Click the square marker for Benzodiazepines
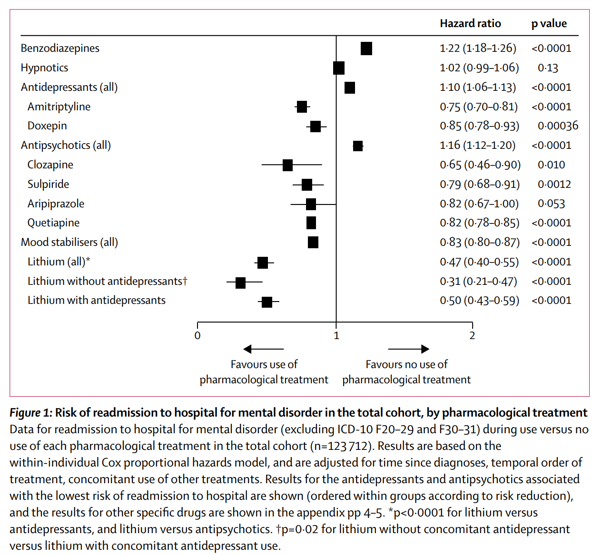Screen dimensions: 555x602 pos(366,49)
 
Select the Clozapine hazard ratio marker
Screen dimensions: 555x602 pos(287,165)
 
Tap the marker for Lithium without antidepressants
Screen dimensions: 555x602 pos(240,282)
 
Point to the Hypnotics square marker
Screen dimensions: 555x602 pos(339,68)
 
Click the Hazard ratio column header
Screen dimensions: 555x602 pos(470,24)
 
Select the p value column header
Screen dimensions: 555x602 pos(549,24)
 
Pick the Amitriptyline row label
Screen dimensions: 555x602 pos(59,107)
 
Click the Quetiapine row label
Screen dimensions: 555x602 pos(53,223)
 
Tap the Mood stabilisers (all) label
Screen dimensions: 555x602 pos(69,242)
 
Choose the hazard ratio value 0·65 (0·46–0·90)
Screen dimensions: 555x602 pos(480,165)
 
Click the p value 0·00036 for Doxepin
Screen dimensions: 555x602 pos(558,126)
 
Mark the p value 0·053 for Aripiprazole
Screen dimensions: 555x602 pos(551,204)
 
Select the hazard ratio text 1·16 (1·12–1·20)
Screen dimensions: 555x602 pos(477,146)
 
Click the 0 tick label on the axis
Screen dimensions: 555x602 pos(197,336)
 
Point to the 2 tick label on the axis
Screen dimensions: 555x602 pos(472,336)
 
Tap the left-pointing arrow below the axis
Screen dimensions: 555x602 pos(263,350)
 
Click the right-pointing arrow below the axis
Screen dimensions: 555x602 pos(408,350)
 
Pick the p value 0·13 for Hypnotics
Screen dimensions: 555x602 pos(548,68)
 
